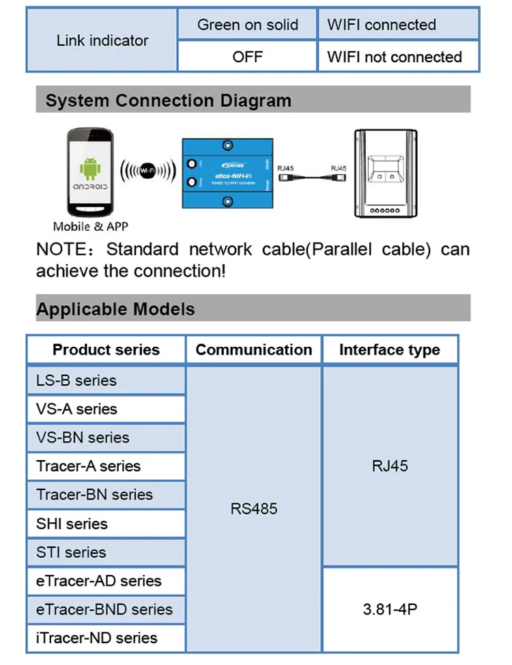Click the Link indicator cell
(102, 40)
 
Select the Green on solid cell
(247, 25)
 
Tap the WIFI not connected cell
(395, 57)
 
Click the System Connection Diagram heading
(168, 101)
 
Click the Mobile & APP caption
(90, 226)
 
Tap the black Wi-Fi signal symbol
(146, 171)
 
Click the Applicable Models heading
(115, 309)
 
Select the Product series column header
(106, 350)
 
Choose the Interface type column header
(389, 350)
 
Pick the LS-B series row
(76, 380)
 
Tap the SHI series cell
(72, 524)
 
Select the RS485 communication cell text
(253, 509)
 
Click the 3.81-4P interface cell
(389, 609)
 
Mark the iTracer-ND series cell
(96, 638)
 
